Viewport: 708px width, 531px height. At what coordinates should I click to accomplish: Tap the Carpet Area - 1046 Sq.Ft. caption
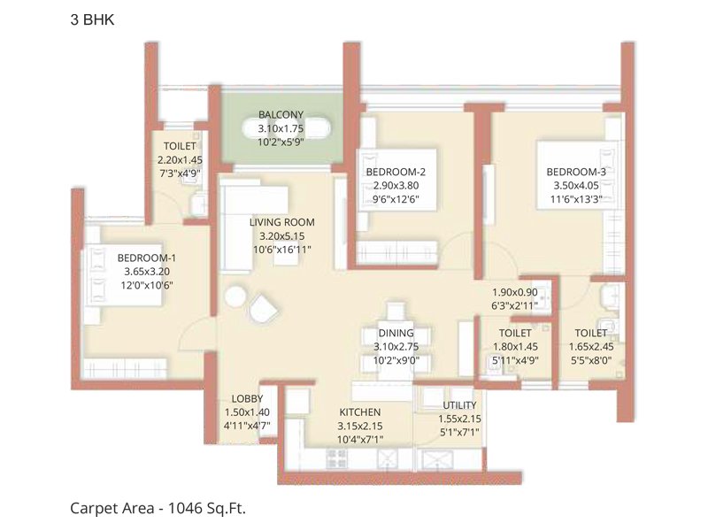click(x=158, y=509)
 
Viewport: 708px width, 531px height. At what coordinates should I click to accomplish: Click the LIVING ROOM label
click(x=281, y=222)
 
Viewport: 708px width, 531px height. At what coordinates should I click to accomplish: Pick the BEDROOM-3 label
click(x=576, y=172)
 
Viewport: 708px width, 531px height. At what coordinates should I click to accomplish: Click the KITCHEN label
click(x=360, y=412)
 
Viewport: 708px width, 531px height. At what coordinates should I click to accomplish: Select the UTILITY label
click(x=459, y=405)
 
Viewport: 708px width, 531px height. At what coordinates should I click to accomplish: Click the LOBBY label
click(x=247, y=399)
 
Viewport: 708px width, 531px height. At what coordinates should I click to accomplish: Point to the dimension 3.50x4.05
click(x=576, y=187)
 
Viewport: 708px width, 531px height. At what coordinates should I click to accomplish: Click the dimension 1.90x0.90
click(x=515, y=293)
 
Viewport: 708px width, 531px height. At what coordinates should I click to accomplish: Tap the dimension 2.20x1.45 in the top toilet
click(x=180, y=160)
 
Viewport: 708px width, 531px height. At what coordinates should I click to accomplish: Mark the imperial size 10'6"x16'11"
click(x=281, y=251)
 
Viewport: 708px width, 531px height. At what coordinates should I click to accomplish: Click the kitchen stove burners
click(x=340, y=457)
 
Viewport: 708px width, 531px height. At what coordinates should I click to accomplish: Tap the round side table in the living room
click(x=234, y=297)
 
